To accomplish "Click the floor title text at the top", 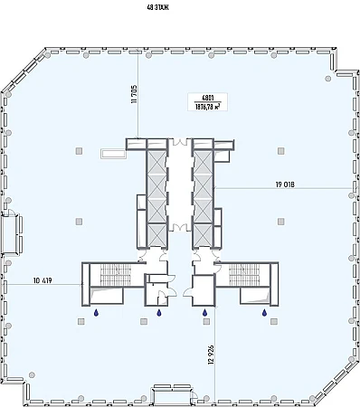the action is click(x=157, y=8).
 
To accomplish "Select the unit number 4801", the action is click(x=208, y=98).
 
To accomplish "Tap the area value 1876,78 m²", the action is click(x=207, y=107).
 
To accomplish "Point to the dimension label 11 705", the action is click(x=134, y=94).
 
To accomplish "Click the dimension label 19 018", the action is click(x=285, y=185).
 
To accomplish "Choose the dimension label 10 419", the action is click(x=43, y=280).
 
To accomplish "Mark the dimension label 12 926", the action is click(x=211, y=355).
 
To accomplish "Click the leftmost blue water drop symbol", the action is click(x=96, y=313).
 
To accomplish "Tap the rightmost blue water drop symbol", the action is click(x=264, y=313).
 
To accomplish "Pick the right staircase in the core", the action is click(x=244, y=274).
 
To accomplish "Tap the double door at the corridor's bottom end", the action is click(x=180, y=227).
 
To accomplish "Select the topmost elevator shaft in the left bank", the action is click(x=156, y=163).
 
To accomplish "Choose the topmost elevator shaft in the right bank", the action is click(x=204, y=163).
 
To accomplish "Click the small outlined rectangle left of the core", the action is click(x=113, y=154).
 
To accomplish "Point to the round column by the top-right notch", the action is click(x=328, y=79).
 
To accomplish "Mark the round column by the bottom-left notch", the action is click(x=32, y=375).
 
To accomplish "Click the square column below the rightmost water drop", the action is click(x=274, y=322).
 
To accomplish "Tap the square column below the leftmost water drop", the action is click(x=81, y=322).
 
